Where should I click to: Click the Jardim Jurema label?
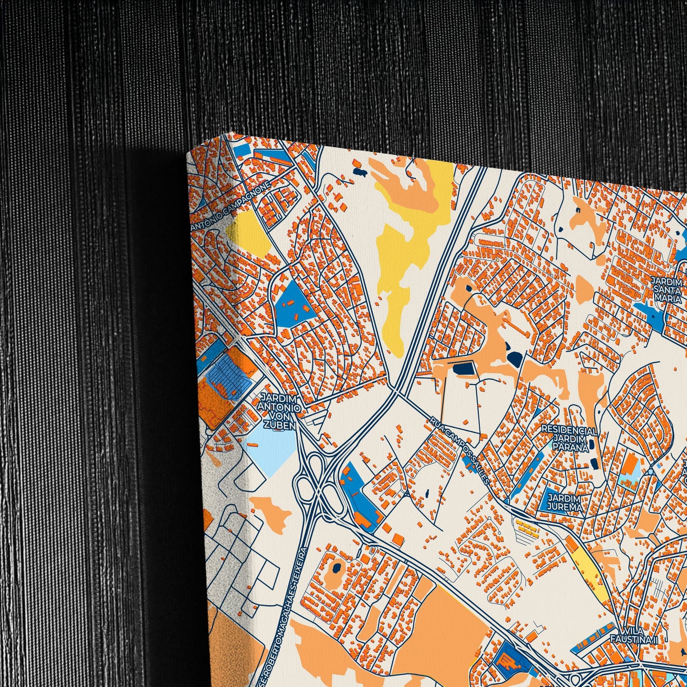tap(565, 502)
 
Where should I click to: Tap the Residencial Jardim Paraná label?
tap(569, 438)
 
